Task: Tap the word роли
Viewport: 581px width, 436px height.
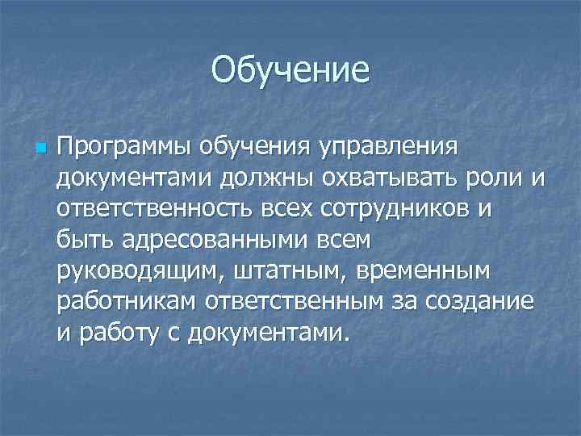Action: click(500, 178)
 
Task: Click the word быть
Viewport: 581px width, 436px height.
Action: click(86, 239)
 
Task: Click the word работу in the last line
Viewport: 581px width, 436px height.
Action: click(121, 330)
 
